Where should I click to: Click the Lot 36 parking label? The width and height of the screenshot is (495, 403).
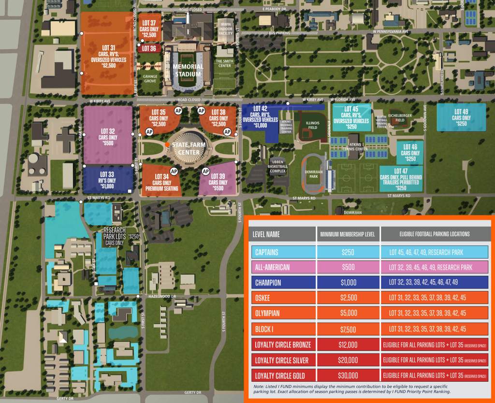point(149,48)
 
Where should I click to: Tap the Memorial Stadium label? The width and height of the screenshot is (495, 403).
point(188,70)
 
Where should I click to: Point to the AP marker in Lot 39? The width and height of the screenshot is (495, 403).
point(205,171)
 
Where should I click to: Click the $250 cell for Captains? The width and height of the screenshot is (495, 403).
point(348,252)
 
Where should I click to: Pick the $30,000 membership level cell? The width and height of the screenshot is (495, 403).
point(348,375)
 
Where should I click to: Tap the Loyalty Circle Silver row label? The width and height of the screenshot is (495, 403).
point(282,360)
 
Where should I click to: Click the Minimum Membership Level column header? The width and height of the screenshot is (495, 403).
point(348,234)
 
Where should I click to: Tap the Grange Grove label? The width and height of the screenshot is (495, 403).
point(150,78)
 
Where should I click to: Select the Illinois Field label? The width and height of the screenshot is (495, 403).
point(313,126)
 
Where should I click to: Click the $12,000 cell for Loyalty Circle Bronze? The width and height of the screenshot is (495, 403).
point(348,345)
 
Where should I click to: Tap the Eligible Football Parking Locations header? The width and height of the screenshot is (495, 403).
point(435,234)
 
